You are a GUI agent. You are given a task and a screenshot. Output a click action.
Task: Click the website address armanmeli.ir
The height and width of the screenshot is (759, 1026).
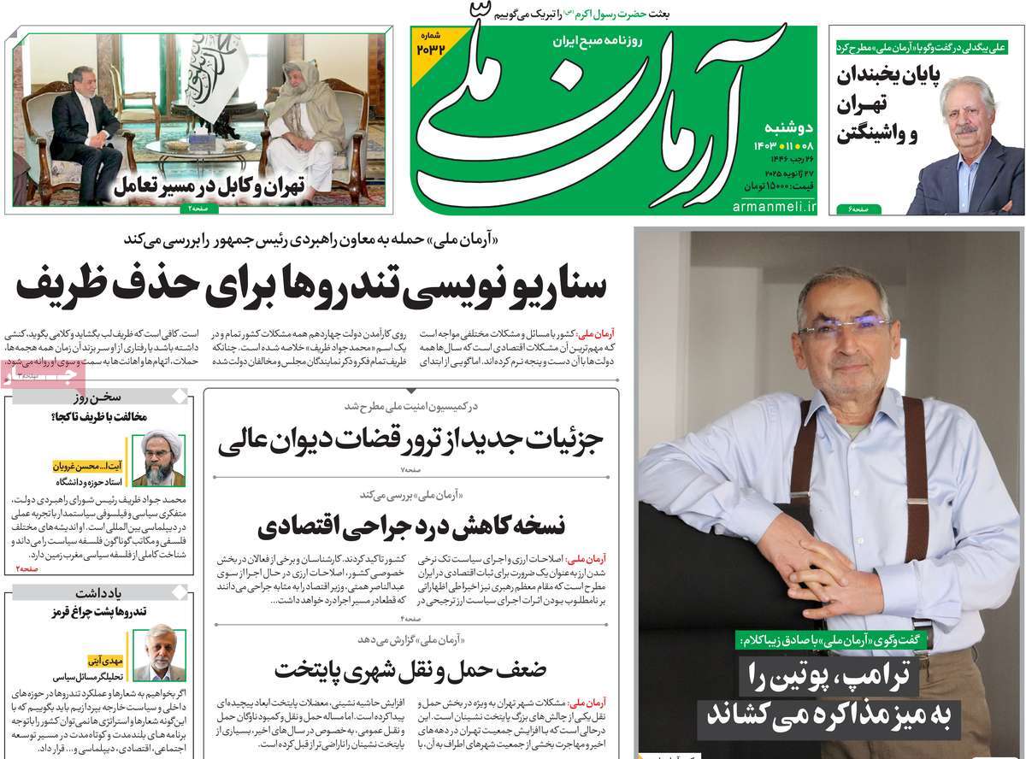(775, 207)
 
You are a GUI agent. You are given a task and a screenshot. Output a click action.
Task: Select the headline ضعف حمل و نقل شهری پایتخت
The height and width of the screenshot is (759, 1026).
(410, 668)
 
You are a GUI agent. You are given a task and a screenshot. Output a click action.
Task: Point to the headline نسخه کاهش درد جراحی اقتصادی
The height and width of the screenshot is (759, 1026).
(411, 524)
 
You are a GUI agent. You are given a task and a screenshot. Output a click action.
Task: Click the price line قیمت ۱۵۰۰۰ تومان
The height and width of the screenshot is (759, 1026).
(775, 185)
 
